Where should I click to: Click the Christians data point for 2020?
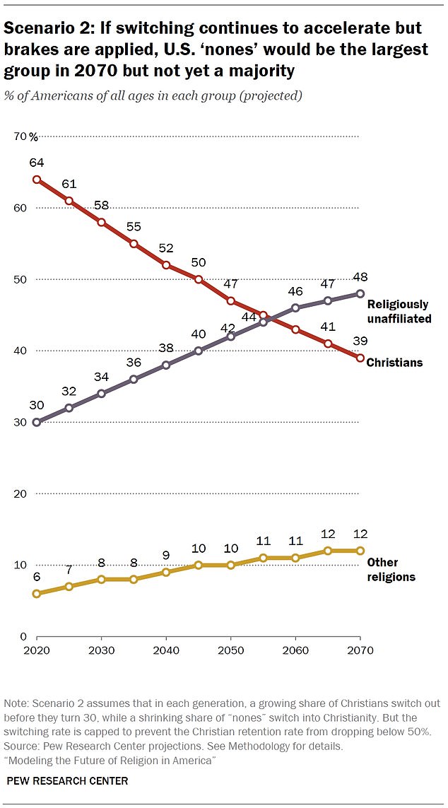coord(36,180)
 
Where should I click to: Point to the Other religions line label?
coord(391,569)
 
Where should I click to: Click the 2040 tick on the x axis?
coord(166,650)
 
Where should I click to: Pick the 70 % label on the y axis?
coord(28,136)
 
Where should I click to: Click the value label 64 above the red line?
coord(37,163)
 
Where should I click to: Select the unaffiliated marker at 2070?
coord(360,293)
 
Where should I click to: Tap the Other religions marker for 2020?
coord(36,594)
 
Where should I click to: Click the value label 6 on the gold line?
coord(37,577)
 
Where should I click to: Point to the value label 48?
coord(360,277)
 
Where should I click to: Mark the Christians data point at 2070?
coord(360,358)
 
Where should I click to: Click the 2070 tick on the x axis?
coord(360,650)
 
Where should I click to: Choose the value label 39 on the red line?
coord(360,341)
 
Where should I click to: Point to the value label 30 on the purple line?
coord(37,406)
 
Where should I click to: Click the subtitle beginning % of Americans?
coord(153,95)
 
